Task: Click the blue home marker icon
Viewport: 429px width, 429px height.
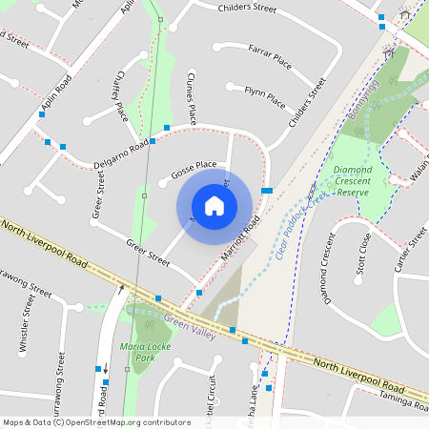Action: [x=214, y=205]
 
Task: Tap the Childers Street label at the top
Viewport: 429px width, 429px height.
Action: [x=247, y=8]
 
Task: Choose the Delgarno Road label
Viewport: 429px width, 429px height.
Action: [x=121, y=157]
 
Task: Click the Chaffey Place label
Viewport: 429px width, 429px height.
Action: [x=120, y=99]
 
